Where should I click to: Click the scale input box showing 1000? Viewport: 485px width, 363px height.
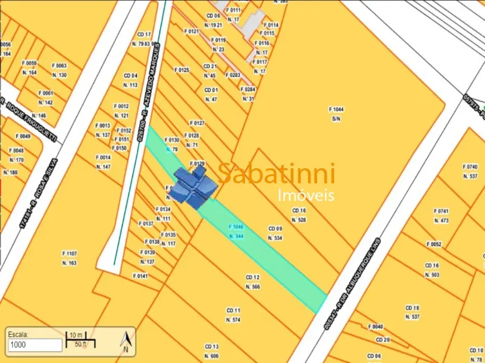coord(34,345)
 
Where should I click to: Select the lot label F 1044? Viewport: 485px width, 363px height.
coord(336,109)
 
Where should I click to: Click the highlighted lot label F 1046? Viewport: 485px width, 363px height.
coord(236,227)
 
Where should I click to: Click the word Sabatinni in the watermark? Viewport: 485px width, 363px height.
coord(276,173)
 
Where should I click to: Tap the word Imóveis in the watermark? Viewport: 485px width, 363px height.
coord(306,195)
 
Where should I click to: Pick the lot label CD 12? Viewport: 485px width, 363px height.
coord(252,277)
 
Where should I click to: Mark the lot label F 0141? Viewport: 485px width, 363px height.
coord(140,276)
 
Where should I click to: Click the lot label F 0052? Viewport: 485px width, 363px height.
coord(434,244)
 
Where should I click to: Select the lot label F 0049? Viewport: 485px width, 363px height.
coord(23,136)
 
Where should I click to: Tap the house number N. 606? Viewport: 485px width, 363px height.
coord(211,356)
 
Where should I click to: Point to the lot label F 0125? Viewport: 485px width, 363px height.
coord(182,70)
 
